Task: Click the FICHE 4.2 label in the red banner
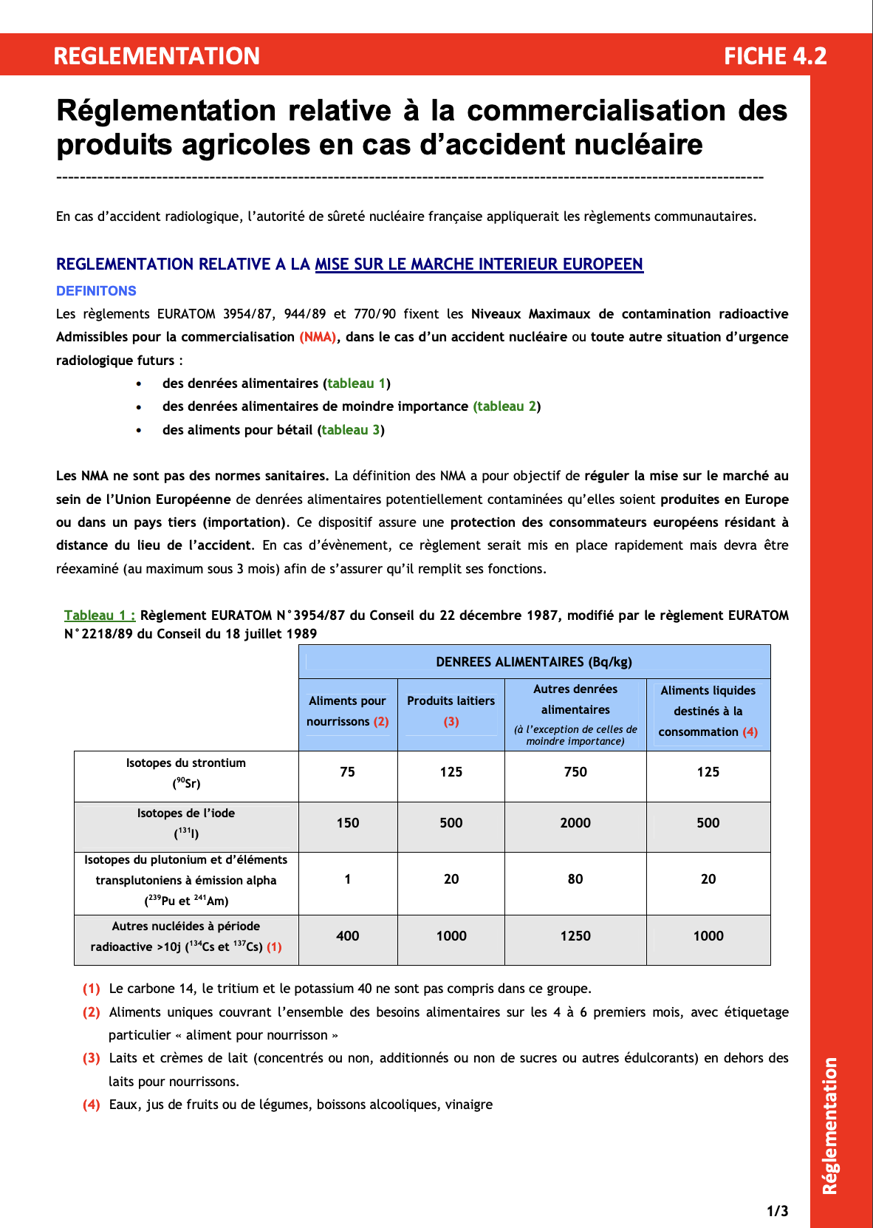click(775, 56)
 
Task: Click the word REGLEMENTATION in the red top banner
click(157, 56)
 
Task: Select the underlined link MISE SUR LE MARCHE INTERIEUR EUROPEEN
click(479, 265)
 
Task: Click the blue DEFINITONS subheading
click(96, 291)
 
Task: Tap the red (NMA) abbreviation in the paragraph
click(318, 337)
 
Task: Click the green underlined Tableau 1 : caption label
click(100, 615)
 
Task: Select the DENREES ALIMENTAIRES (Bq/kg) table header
click(533, 662)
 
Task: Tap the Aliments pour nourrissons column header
click(347, 711)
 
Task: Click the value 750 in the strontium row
click(575, 772)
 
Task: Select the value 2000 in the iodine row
click(575, 823)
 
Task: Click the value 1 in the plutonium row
click(347, 879)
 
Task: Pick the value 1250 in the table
click(575, 936)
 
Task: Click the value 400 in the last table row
click(347, 936)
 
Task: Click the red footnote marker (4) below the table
click(91, 1105)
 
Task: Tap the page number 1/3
click(777, 1211)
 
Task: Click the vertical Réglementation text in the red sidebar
click(830, 1125)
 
